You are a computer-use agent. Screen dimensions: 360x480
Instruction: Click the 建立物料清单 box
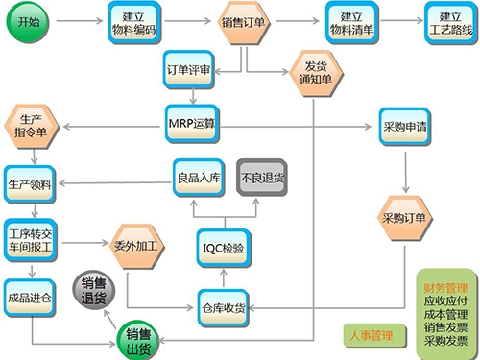[x=351, y=22]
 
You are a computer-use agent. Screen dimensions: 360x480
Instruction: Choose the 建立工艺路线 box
[x=448, y=22]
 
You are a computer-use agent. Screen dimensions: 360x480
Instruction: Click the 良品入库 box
[x=199, y=177]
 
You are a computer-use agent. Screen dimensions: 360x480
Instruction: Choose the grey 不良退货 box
[x=263, y=177]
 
